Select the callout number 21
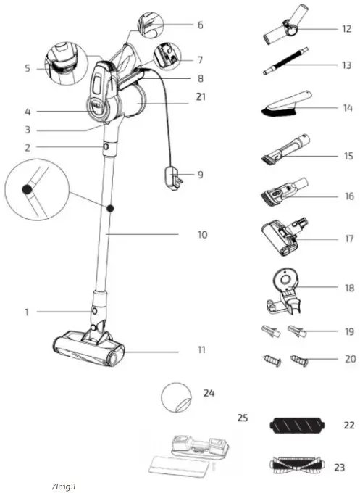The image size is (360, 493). [201, 95]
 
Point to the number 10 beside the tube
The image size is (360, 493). [202, 234]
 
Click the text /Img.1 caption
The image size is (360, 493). [64, 485]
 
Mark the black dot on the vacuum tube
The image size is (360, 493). [111, 208]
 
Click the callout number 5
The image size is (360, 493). [28, 69]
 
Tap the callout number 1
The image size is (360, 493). [26, 312]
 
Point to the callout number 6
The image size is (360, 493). [200, 25]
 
